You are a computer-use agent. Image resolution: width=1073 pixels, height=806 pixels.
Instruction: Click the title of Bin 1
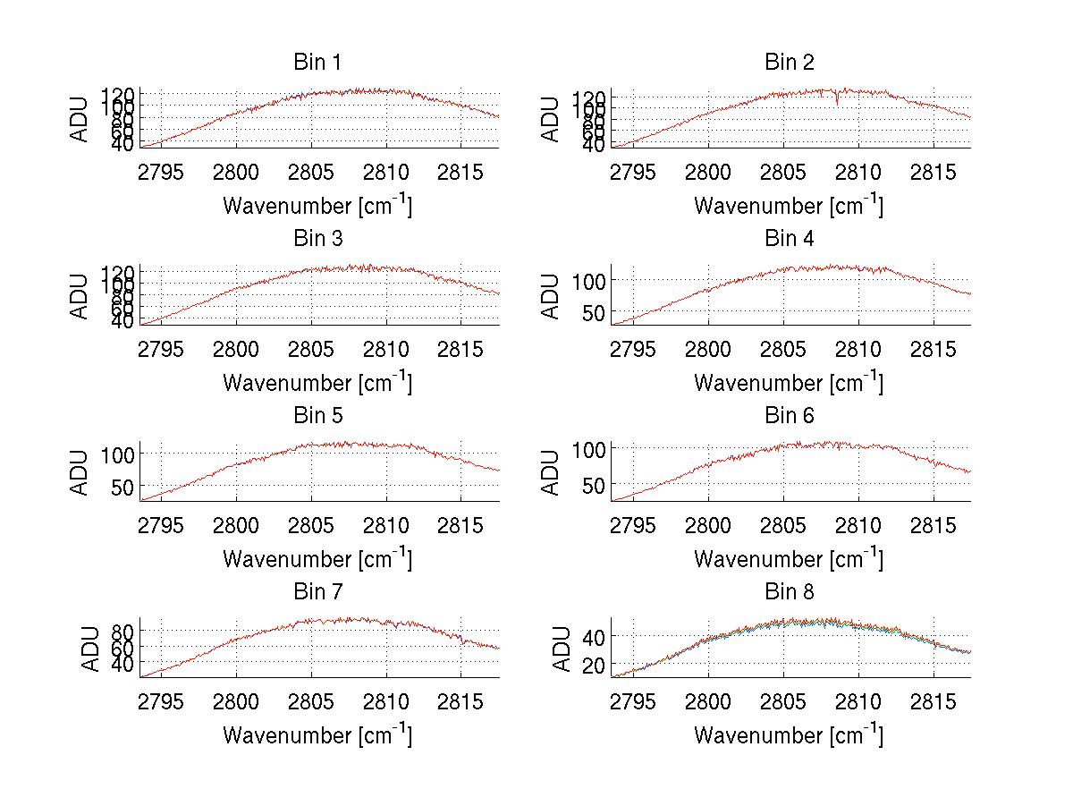(x=317, y=63)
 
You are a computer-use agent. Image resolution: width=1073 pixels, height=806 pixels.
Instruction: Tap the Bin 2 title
(x=789, y=63)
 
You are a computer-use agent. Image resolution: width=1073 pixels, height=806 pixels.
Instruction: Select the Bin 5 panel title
(x=317, y=416)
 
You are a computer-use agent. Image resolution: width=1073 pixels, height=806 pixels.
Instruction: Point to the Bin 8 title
(x=789, y=592)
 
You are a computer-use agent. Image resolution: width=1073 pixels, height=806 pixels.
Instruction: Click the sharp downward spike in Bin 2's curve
(x=837, y=101)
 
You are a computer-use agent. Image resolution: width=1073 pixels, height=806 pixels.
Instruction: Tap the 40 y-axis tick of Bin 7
(x=124, y=663)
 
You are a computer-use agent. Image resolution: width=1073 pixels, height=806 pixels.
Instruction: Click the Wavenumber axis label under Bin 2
(x=788, y=206)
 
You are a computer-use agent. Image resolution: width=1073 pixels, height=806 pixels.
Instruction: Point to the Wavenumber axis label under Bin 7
(x=317, y=735)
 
